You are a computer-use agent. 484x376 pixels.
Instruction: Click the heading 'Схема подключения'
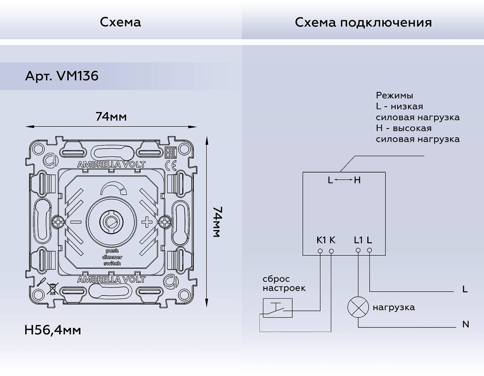(363, 22)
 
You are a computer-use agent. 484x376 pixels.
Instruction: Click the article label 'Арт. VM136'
(62, 76)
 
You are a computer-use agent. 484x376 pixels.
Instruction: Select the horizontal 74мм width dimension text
(111, 117)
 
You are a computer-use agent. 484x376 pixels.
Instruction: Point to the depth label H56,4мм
(53, 330)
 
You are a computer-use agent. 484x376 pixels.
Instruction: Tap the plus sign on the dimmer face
(147, 222)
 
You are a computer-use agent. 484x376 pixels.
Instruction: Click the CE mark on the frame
(171, 165)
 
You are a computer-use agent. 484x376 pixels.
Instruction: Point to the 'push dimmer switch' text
(112, 257)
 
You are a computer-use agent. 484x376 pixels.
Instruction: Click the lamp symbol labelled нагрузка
(358, 307)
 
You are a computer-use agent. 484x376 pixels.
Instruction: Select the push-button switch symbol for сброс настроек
(277, 308)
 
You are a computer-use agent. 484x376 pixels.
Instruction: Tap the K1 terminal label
(321, 240)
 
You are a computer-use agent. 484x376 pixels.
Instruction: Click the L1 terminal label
(358, 240)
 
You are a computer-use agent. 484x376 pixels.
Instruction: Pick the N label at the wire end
(465, 324)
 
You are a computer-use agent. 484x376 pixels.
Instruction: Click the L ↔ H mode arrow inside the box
(344, 180)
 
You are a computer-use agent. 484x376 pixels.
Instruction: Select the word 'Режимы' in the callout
(394, 95)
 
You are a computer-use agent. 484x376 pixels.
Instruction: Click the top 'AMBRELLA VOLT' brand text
(111, 164)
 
